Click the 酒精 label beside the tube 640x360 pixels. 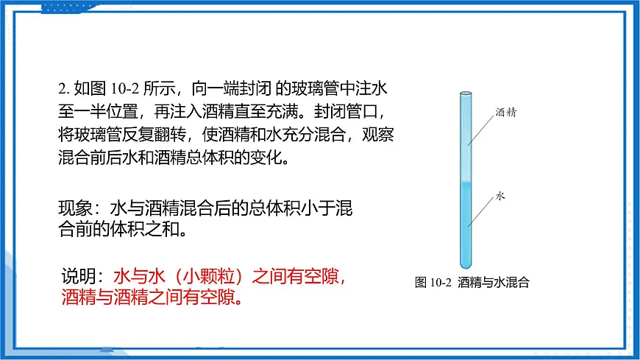click(506, 113)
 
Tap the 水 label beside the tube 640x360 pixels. click(500, 197)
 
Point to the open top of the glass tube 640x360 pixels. click(466, 93)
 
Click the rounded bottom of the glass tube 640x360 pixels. click(465, 265)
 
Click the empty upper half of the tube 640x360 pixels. click(465, 136)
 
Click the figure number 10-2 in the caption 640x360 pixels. click(441, 282)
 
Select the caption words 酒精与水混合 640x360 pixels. click(494, 282)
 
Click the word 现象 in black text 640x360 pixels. click(74, 209)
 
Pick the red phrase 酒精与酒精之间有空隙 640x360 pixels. click(147, 298)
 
